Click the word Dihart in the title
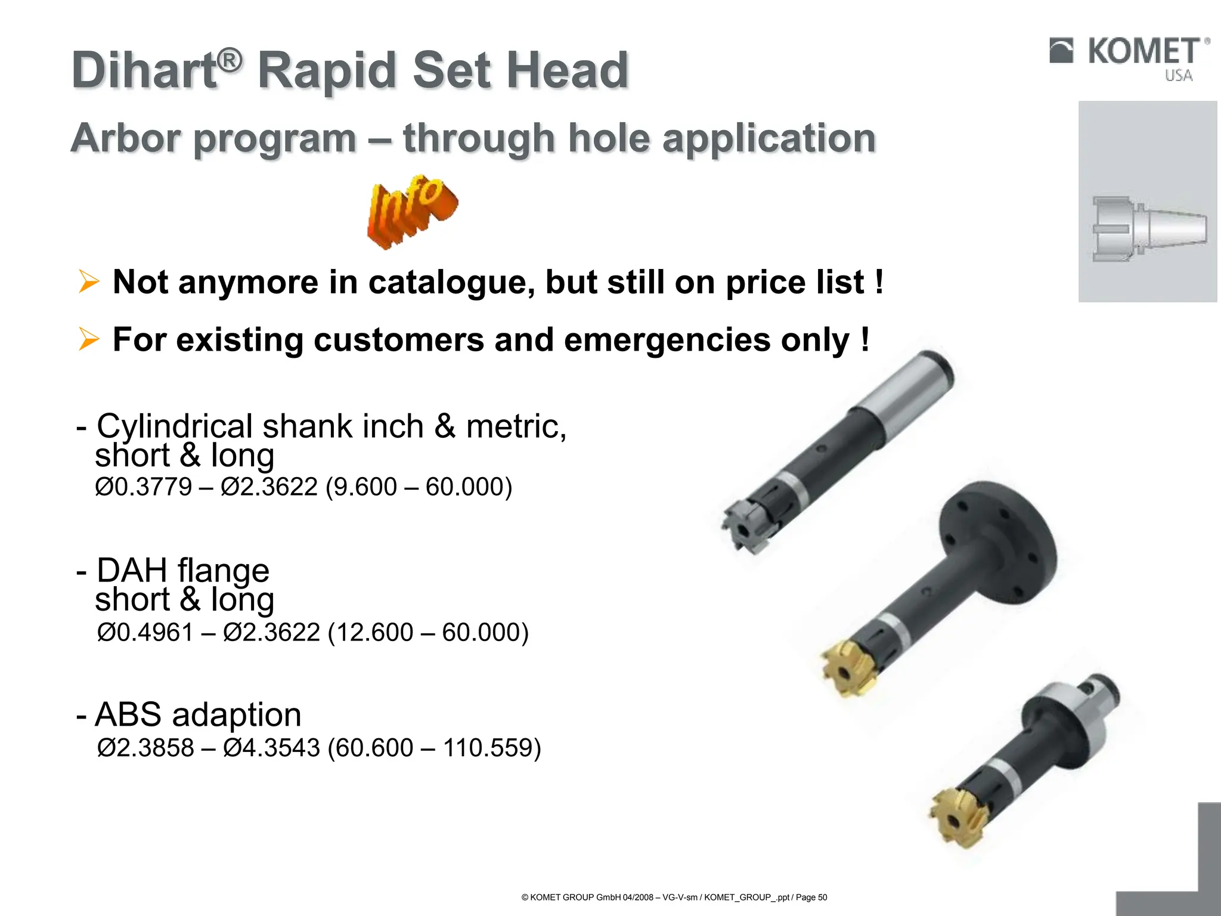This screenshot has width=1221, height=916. [144, 71]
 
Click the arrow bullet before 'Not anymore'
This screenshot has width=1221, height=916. [89, 281]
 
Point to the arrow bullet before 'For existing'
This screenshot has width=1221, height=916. [89, 339]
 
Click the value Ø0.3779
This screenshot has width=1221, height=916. [143, 487]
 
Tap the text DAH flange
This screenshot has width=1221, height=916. [182, 570]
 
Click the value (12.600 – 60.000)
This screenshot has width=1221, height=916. [428, 632]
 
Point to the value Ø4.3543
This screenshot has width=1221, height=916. [271, 748]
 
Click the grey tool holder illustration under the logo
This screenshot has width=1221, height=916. [1148, 229]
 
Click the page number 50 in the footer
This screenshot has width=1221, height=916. [822, 898]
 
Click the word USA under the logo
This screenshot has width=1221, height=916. [1179, 76]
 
